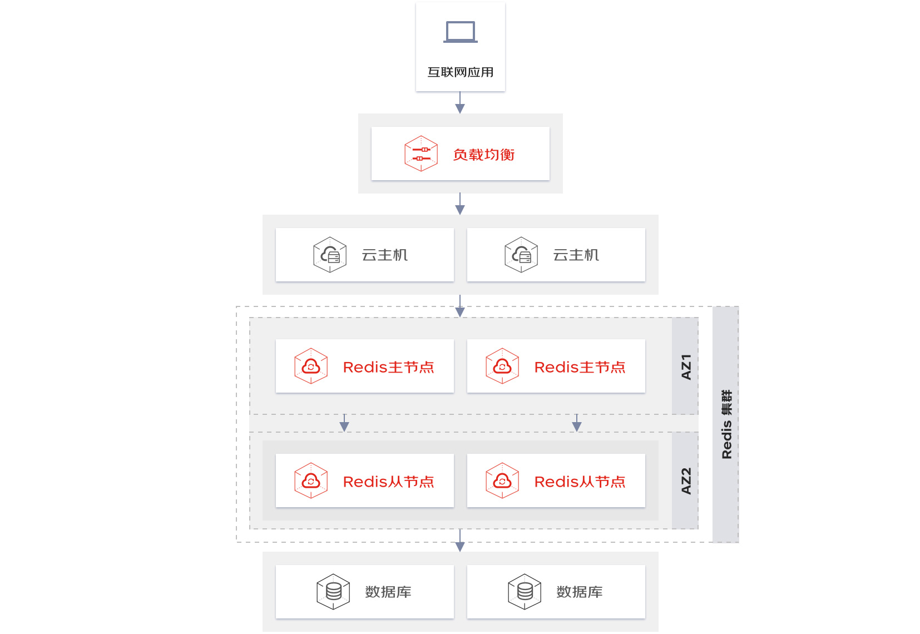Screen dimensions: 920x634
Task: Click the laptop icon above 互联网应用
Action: pyautogui.click(x=460, y=32)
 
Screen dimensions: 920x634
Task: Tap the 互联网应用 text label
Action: pyautogui.click(x=460, y=72)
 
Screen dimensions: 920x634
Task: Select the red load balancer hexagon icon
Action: pyautogui.click(x=421, y=153)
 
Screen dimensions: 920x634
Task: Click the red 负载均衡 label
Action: pyautogui.click(x=483, y=155)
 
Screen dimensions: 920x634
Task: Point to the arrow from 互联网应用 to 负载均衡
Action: pyautogui.click(x=460, y=102)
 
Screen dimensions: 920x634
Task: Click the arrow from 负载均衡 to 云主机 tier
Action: pyautogui.click(x=460, y=204)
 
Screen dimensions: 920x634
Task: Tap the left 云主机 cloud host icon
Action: pyautogui.click(x=330, y=255)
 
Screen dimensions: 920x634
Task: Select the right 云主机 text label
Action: pyautogui.click(x=576, y=255)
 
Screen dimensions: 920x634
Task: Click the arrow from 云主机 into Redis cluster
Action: pyautogui.click(x=460, y=306)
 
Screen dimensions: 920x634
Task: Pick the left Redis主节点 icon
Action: pyautogui.click(x=311, y=366)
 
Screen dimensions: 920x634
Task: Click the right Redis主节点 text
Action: pyautogui.click(x=580, y=367)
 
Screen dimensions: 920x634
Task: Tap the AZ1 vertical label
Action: pyautogui.click(x=686, y=367)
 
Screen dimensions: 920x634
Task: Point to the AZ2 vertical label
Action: pyautogui.click(x=686, y=481)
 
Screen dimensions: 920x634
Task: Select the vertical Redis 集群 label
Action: pyautogui.click(x=726, y=424)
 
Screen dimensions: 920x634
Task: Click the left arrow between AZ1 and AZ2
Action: pyautogui.click(x=344, y=423)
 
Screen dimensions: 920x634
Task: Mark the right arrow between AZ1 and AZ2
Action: pyautogui.click(x=577, y=423)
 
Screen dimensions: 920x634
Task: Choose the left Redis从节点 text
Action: pyautogui.click(x=388, y=482)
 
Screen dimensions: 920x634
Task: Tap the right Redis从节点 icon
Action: pyautogui.click(x=502, y=481)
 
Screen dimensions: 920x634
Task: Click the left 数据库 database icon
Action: pyautogui.click(x=333, y=592)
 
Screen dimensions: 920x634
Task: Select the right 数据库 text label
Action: pyautogui.click(x=579, y=592)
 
